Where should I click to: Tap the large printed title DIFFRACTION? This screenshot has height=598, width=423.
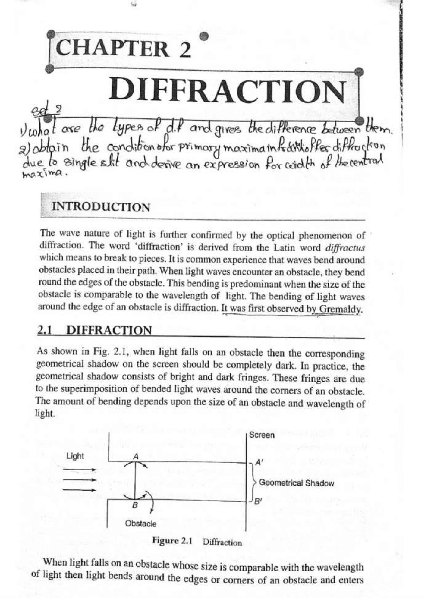point(228,90)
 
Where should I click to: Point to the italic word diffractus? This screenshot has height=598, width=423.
point(345,248)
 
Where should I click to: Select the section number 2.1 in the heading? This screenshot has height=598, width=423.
point(45,330)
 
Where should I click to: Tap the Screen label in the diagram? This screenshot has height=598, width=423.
point(262,435)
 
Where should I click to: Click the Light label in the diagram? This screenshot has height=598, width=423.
point(75,456)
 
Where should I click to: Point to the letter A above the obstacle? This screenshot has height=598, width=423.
point(135,457)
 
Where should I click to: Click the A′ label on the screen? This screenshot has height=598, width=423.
point(259,463)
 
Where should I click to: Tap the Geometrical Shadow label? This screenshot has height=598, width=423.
point(296,483)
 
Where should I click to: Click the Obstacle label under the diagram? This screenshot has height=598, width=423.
point(141,523)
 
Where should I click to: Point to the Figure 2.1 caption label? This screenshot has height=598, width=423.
point(172,541)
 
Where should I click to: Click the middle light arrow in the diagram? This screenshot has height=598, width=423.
point(80,479)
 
